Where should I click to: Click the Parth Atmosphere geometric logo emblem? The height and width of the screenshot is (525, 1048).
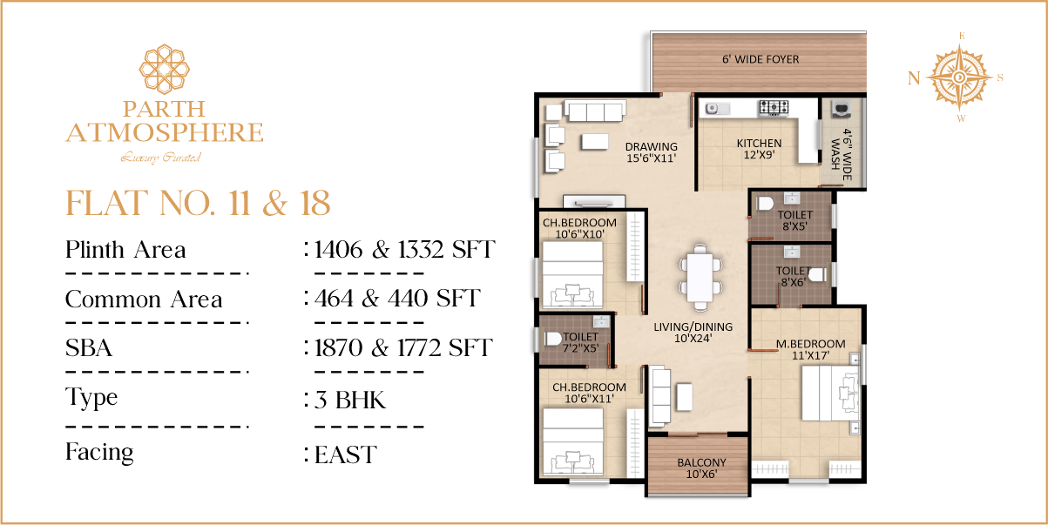[x=165, y=69]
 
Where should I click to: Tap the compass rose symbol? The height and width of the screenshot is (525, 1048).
[x=959, y=77]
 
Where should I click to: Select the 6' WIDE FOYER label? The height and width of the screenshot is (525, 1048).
[x=761, y=59]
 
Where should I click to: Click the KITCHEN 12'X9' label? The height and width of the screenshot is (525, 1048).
[x=759, y=149]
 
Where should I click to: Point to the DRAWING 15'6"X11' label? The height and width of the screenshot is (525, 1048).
[x=652, y=152]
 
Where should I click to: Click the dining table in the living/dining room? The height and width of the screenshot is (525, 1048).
[x=700, y=277]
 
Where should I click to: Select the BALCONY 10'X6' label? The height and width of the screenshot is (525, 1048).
[x=702, y=468]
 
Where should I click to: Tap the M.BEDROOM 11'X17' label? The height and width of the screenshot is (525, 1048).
[x=811, y=350]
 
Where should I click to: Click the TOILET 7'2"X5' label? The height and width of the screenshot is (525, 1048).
[x=580, y=343]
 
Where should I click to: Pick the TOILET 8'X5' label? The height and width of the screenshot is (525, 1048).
[x=794, y=220]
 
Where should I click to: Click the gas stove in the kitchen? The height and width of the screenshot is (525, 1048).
[x=774, y=107]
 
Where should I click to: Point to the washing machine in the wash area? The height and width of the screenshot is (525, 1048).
[x=842, y=109]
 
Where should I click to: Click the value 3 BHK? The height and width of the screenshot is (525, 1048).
[x=350, y=400]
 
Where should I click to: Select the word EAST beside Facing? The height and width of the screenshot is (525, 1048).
[x=345, y=454]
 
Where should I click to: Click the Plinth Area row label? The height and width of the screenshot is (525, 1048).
[x=125, y=249]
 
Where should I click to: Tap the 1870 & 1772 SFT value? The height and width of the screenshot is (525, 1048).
[x=403, y=347]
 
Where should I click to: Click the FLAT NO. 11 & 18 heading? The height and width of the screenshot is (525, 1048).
[x=198, y=204]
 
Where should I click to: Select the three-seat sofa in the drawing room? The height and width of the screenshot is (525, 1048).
[x=595, y=111]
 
